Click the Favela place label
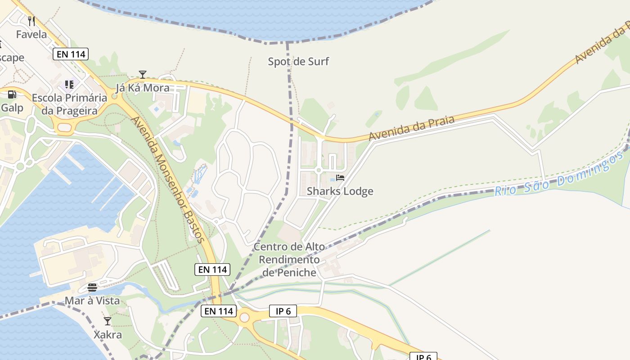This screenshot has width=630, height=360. point(31,34)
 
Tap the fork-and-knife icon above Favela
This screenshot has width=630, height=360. point(31,21)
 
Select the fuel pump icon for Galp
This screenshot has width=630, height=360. point(12,94)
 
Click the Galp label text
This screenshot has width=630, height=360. point(12,108)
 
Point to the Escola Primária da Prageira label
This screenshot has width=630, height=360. point(70,104)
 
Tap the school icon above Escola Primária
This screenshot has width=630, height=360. point(69,84)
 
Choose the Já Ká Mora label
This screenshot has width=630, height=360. point(143,88)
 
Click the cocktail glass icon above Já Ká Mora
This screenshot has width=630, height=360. point(143,74)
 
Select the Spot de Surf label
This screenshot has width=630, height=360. point(298,62)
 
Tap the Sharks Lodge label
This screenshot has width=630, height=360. point(340,191)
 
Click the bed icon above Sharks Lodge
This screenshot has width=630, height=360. point(340,178)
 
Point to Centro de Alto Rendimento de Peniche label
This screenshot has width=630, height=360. point(289,260)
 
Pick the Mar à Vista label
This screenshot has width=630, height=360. point(92,301)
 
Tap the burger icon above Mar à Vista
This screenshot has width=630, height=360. point(92,287)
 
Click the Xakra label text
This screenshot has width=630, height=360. point(108,335)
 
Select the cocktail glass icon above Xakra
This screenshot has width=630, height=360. point(108,321)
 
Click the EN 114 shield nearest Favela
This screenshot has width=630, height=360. point(71,54)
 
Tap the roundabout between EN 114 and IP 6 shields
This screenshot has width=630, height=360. point(244,318)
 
